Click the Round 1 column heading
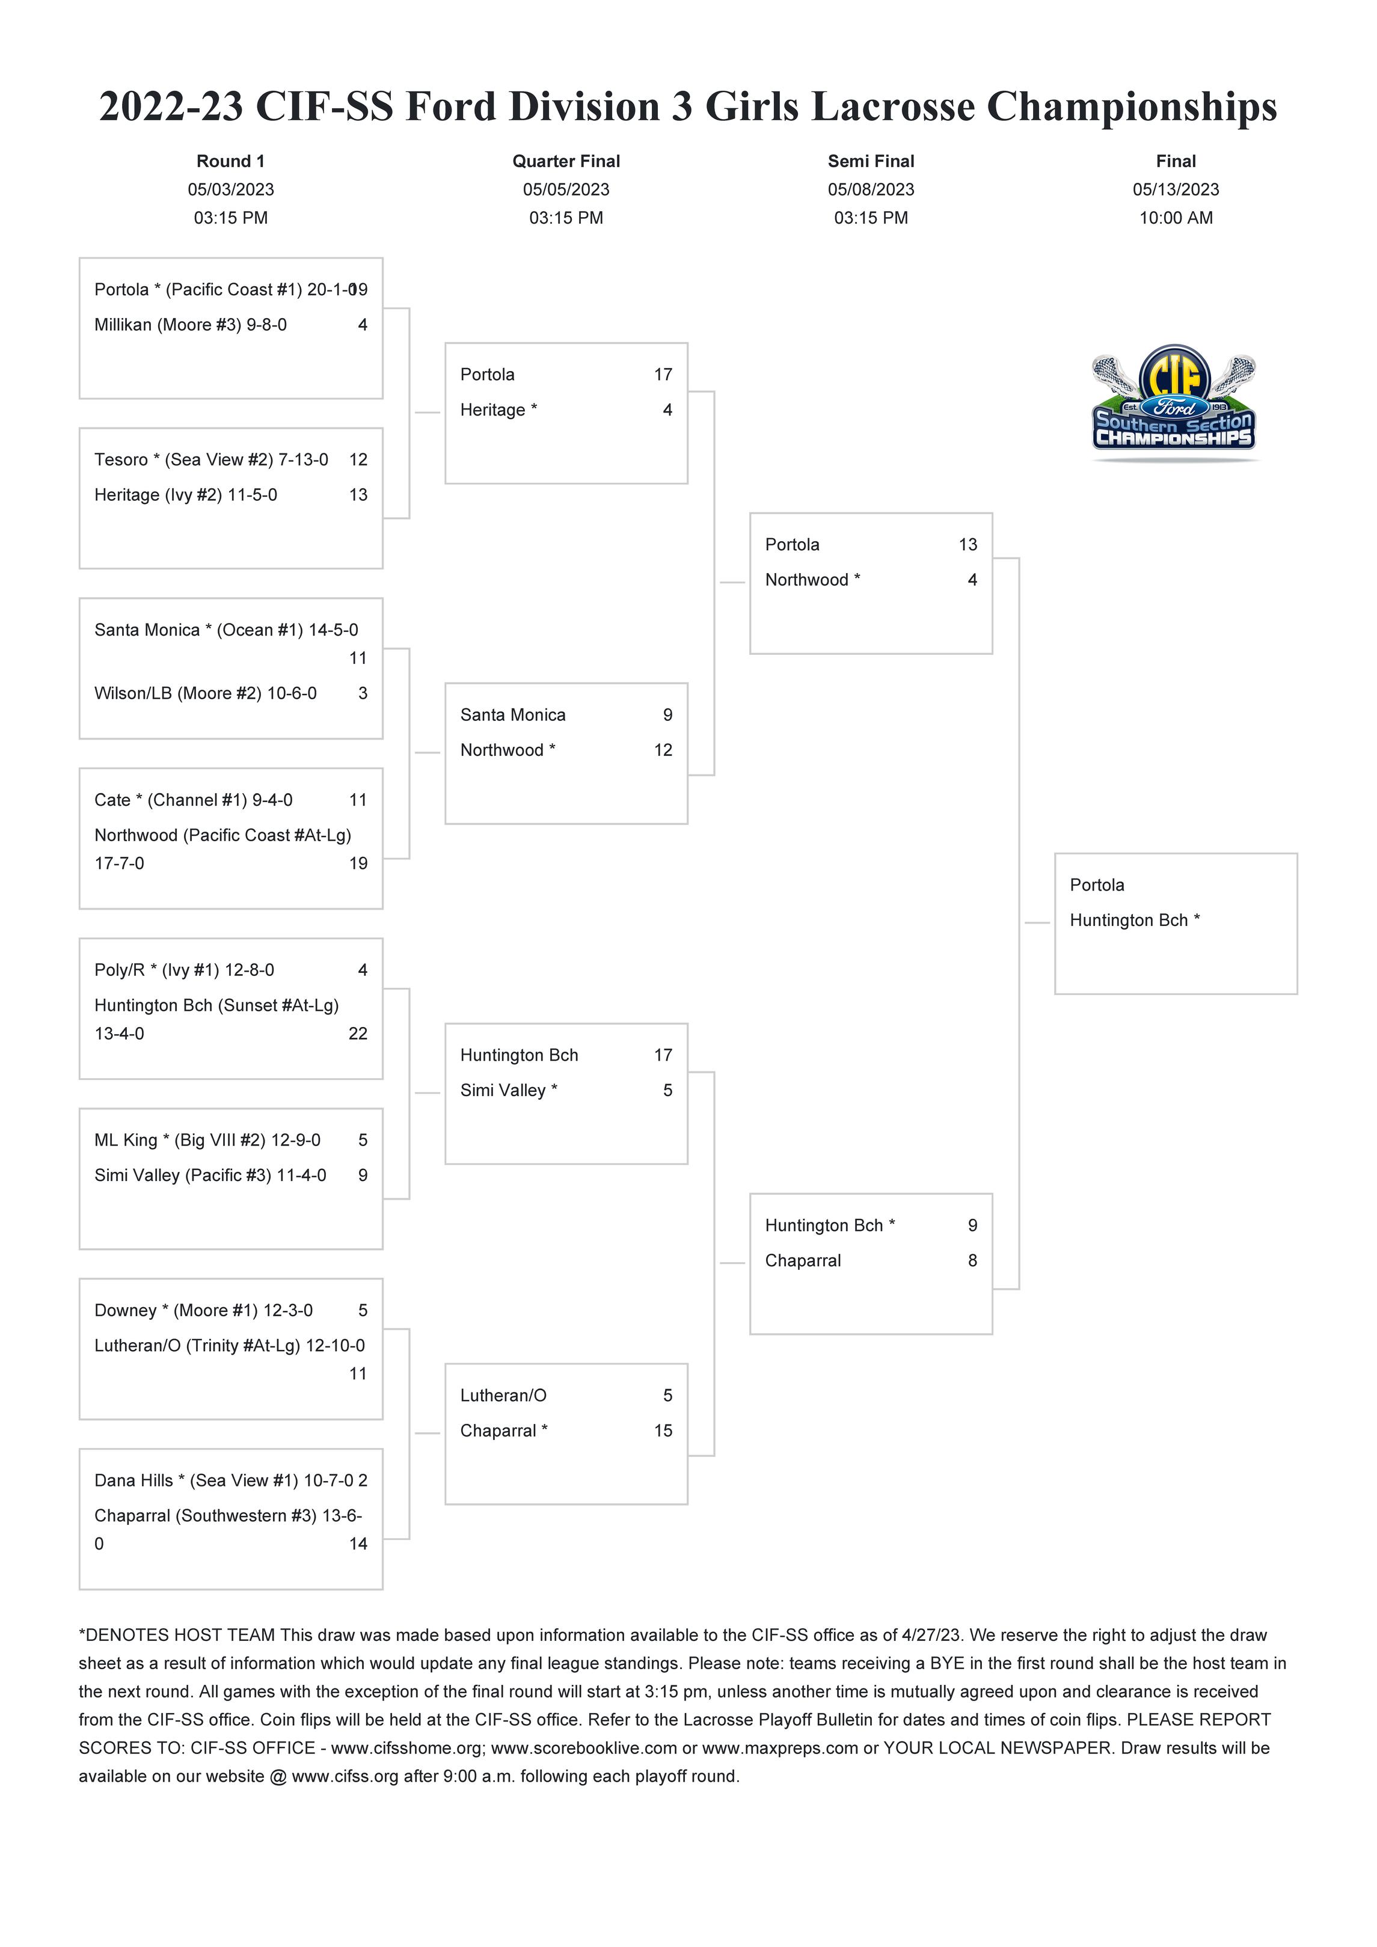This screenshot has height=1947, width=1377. (231, 161)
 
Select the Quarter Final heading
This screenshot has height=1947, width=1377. (566, 161)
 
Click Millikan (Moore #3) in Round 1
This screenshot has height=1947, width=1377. (191, 325)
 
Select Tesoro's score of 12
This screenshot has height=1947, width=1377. (358, 459)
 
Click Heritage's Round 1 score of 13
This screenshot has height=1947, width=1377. (358, 495)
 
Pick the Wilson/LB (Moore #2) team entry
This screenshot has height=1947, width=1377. (205, 694)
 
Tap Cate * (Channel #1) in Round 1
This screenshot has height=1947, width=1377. (194, 800)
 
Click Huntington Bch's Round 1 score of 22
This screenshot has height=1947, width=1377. (358, 1034)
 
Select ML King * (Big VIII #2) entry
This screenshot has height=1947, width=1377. (207, 1141)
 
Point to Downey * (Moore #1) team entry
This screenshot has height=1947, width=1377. (203, 1311)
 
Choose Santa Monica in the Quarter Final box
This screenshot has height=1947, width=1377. (513, 716)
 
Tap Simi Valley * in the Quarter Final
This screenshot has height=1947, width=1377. (509, 1091)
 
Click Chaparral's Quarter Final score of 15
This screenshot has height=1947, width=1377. (663, 1432)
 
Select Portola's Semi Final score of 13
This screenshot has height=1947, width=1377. (968, 545)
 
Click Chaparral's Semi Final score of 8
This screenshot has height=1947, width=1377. (972, 1261)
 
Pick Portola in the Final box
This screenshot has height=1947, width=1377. (1097, 885)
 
